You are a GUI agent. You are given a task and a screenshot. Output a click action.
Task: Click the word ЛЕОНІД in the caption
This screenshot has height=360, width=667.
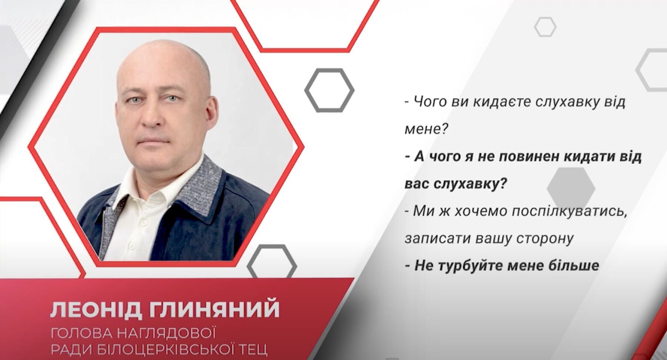[96, 310]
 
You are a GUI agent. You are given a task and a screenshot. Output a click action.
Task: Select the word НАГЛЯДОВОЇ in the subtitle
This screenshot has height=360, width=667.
[167, 333]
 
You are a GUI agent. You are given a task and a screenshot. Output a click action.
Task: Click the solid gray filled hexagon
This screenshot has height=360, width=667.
[571, 189]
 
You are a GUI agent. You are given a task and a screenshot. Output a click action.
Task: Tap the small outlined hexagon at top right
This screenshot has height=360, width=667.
[545, 27]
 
